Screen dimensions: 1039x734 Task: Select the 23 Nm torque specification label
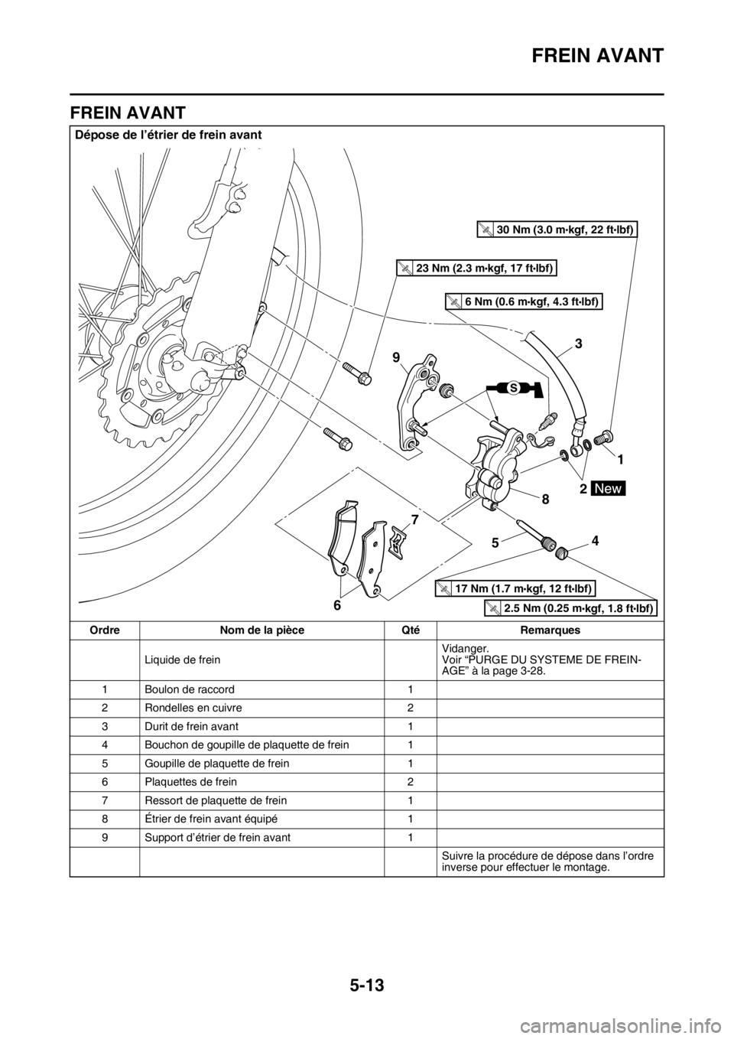476,267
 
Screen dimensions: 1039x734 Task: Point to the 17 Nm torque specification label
516,588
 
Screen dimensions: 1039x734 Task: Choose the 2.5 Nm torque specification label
572,608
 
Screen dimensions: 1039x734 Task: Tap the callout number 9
397,357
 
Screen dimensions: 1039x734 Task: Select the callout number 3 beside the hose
578,345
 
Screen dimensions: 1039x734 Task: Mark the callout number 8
545,498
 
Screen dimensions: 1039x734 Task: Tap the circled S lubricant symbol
514,389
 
